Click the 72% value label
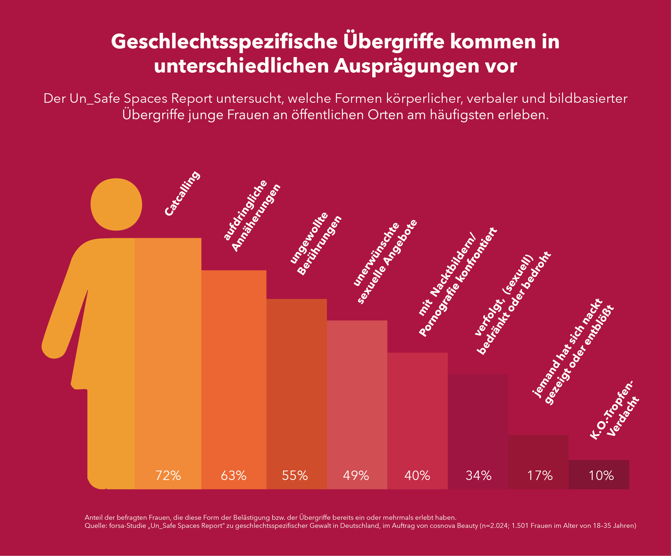click(x=168, y=475)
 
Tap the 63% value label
click(x=233, y=475)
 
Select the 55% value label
click(x=295, y=475)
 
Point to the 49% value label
click(x=356, y=475)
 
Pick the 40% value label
click(x=417, y=475)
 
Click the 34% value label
click(x=478, y=475)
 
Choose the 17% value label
click(x=540, y=475)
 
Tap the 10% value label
click(x=601, y=475)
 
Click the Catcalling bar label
click(x=182, y=194)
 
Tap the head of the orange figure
click(x=116, y=204)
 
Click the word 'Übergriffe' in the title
click(x=394, y=42)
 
